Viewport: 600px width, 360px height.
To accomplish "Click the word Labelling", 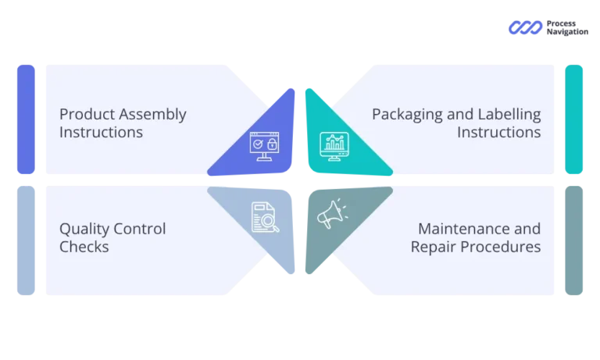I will [x=508, y=115].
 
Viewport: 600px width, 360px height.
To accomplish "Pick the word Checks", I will [x=84, y=248].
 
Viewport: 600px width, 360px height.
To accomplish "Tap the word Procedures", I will [x=500, y=248].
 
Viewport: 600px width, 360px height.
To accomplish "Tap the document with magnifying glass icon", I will [x=265, y=217].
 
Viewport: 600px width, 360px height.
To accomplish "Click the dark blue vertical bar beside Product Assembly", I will [x=25, y=119].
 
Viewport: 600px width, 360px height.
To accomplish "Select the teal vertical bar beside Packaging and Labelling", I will [x=573, y=119].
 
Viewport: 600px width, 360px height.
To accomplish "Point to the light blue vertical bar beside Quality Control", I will [x=25, y=240].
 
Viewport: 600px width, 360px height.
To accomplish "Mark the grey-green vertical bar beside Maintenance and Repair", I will [x=573, y=240].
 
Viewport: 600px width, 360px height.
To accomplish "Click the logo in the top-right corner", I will [x=549, y=28].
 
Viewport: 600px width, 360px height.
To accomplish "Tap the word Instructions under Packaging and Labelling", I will [x=498, y=133].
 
